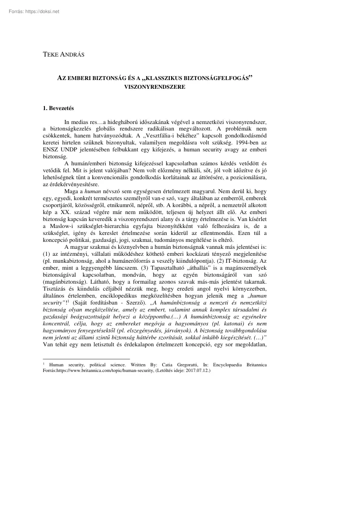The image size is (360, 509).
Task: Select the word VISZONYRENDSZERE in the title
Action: pos(155,87)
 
